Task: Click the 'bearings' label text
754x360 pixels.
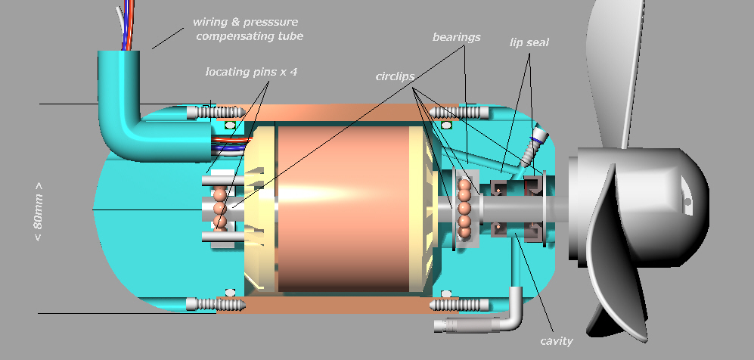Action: click(456, 37)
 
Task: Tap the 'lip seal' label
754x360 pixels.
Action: click(529, 43)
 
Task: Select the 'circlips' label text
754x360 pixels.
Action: click(396, 77)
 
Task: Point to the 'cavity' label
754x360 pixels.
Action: click(557, 341)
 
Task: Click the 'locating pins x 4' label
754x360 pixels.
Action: click(256, 73)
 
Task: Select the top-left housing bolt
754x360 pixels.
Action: click(215, 113)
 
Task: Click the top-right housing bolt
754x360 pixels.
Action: click(459, 113)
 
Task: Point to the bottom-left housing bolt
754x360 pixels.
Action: click(215, 305)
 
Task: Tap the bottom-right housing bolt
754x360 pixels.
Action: click(459, 305)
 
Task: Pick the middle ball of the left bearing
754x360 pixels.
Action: click(220, 207)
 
